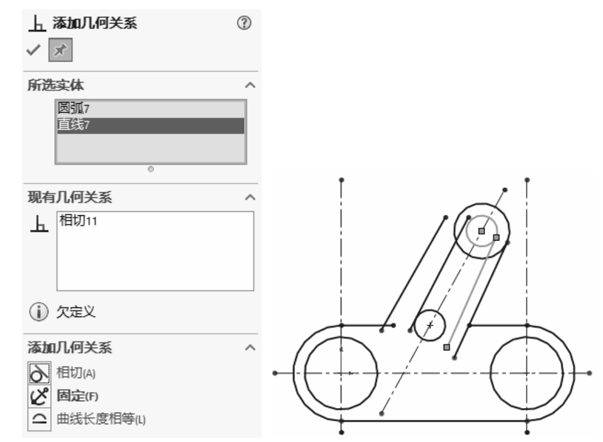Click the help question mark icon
[245, 23]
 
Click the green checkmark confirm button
[34, 51]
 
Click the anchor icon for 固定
[37, 396]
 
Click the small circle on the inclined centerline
[430, 325]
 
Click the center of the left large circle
[341, 372]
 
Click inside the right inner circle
[527, 372]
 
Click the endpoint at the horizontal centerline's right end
[589, 372]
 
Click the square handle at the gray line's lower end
[446, 347]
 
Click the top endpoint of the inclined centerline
[505, 189]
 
